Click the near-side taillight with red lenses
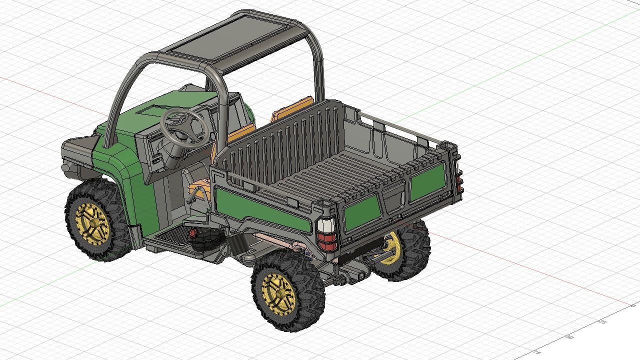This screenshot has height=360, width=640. [x=328, y=235]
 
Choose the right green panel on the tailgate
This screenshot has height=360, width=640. [x=427, y=182]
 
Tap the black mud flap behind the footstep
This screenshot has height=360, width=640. [x=237, y=245]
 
